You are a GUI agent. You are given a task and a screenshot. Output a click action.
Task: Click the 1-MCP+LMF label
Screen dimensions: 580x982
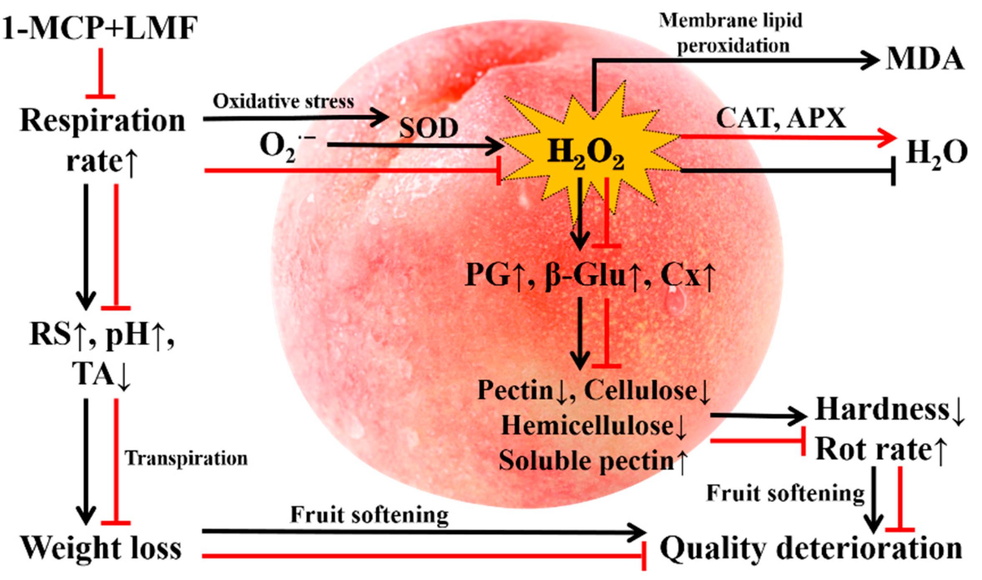[x=100, y=28]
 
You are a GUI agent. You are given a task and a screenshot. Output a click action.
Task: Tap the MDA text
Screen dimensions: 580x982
[x=925, y=59]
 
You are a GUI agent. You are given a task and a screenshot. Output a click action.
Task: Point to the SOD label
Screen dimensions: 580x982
[x=428, y=128]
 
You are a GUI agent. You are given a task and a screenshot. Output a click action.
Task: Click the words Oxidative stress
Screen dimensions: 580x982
[x=283, y=101]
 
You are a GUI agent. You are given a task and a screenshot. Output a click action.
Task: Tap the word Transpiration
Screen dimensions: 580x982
[x=186, y=459]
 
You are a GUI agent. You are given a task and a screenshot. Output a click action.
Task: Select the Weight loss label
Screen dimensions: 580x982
[x=101, y=548]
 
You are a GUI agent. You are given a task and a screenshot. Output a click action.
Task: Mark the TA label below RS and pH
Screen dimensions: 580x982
[x=93, y=374]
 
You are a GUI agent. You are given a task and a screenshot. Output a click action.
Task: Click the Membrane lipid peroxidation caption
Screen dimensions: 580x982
[x=731, y=33]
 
